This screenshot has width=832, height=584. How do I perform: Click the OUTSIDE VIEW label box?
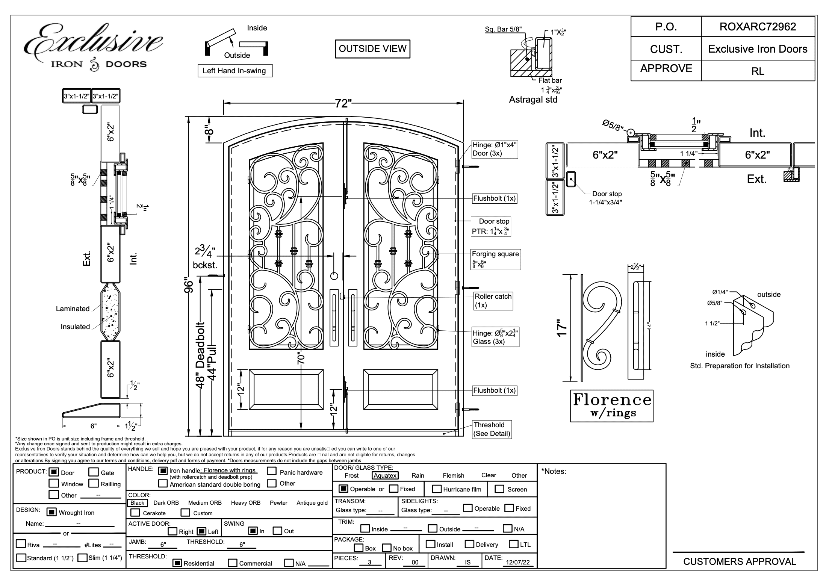[x=372, y=49]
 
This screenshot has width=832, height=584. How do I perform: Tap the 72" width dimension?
[x=343, y=103]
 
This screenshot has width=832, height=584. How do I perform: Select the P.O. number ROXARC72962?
[x=758, y=27]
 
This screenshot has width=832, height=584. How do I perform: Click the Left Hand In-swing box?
[x=235, y=71]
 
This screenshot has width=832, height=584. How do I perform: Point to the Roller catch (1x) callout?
[x=493, y=301]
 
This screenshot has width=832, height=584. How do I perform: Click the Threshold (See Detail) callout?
[x=492, y=429]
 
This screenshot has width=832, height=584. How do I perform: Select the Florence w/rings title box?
[x=611, y=406]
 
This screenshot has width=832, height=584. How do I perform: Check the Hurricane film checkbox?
[x=437, y=489]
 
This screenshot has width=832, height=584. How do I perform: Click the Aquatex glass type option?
[x=385, y=475]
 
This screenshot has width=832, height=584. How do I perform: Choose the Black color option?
[x=137, y=503]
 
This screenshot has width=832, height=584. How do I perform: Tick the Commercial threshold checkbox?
[x=233, y=563]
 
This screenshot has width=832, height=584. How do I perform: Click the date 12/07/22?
[x=517, y=562]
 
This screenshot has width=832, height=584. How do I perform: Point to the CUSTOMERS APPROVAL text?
[x=740, y=561]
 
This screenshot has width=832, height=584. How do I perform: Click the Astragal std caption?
[x=533, y=100]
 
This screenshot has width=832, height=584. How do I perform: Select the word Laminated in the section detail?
[x=73, y=309]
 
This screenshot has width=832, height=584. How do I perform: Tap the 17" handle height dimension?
[x=562, y=328]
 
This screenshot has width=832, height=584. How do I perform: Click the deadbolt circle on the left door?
[x=334, y=276]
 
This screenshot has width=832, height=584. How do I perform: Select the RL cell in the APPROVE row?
[x=758, y=71]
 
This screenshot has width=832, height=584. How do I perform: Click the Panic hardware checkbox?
[x=272, y=471]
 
